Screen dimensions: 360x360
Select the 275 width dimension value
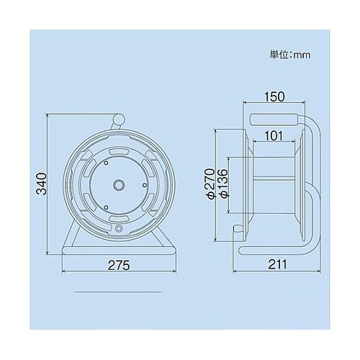(x=120, y=266)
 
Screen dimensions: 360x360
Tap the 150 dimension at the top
(x=273, y=96)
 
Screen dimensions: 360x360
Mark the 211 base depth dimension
(x=276, y=265)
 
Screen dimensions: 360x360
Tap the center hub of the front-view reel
(x=118, y=184)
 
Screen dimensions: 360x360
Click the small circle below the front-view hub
(x=118, y=230)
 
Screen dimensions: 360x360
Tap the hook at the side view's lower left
(x=236, y=229)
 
